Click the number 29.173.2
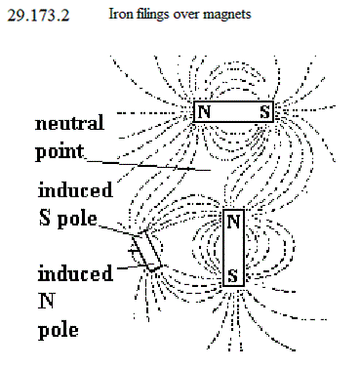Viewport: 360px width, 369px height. click(38, 16)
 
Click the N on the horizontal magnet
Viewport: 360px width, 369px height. click(204, 112)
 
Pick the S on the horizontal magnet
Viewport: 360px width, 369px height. click(264, 112)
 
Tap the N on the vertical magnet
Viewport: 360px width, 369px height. click(233, 222)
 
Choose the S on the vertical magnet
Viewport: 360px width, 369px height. click(233, 275)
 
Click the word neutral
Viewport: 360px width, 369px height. click(69, 123)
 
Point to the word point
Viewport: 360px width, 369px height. click(60, 152)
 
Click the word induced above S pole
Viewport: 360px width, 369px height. click(75, 189)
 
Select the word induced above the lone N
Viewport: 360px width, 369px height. click(75, 273)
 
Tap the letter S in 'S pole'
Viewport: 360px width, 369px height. click(45, 218)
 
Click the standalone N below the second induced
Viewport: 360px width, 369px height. click(46, 301)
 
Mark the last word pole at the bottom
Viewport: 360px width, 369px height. click(59, 330)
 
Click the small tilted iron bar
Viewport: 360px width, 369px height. click(147, 251)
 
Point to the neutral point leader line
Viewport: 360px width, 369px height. click(148, 165)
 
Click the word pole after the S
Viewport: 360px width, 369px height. click(77, 219)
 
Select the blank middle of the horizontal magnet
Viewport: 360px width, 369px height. click(234, 112)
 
